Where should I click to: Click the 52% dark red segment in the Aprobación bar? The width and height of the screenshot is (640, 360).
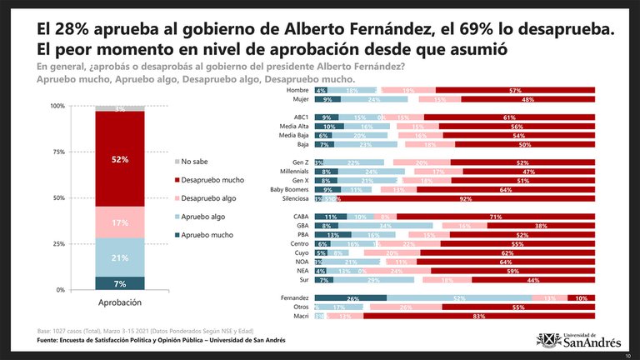[121, 158]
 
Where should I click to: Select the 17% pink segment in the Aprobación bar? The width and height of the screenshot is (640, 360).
[121, 222]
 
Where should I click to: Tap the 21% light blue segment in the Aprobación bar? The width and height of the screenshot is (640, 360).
[121, 257]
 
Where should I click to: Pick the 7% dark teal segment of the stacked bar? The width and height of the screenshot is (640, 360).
[121, 283]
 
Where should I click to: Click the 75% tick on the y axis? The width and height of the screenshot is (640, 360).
[58, 152]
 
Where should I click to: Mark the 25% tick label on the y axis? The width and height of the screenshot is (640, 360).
[58, 244]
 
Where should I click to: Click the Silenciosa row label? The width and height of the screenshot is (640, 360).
[295, 199]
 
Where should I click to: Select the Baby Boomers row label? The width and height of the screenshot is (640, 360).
[290, 189]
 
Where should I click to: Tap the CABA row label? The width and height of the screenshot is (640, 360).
[301, 217]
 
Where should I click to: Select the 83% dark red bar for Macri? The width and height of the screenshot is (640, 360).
[479, 317]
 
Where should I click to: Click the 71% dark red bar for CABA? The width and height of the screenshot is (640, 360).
[497, 217]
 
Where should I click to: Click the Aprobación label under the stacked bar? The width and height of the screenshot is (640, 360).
[120, 302]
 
